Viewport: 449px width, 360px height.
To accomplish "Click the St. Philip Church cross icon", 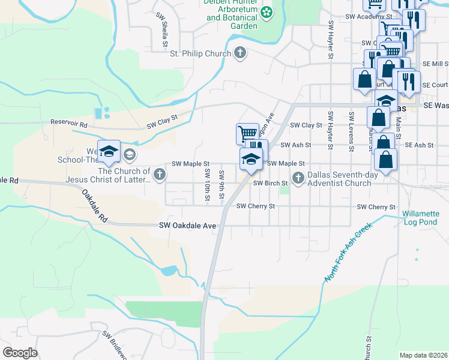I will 240,53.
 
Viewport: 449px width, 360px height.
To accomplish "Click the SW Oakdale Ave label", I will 187,226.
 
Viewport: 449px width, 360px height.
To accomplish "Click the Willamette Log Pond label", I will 421,218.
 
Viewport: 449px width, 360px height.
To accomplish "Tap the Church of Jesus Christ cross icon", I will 159,175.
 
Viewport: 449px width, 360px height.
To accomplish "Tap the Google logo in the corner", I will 20,353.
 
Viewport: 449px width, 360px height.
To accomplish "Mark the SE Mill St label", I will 435,63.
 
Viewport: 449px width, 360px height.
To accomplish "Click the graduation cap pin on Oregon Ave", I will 251,159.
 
